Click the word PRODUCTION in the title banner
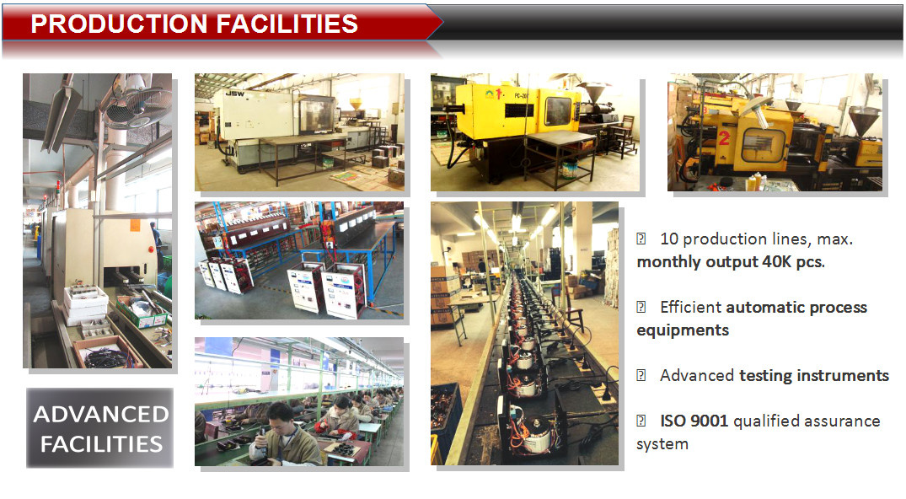pyautogui.click(x=119, y=24)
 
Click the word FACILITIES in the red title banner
pyautogui.click(x=287, y=24)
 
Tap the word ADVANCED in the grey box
pyautogui.click(x=101, y=414)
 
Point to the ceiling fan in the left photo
pyautogui.click(x=137, y=102)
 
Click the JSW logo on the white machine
pyautogui.click(x=234, y=94)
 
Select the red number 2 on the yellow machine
pyautogui.click(x=724, y=137)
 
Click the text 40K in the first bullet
pyautogui.click(x=777, y=261)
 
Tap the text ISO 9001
pyautogui.click(x=694, y=421)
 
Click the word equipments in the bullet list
pyautogui.click(x=683, y=330)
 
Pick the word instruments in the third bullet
pyautogui.click(x=843, y=375)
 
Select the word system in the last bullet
pyautogui.click(x=662, y=444)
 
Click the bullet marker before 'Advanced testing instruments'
pyautogui.click(x=641, y=375)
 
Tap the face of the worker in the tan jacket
pyautogui.click(x=280, y=417)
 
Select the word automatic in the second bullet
pyautogui.click(x=763, y=307)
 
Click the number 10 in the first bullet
pyautogui.click(x=669, y=239)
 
